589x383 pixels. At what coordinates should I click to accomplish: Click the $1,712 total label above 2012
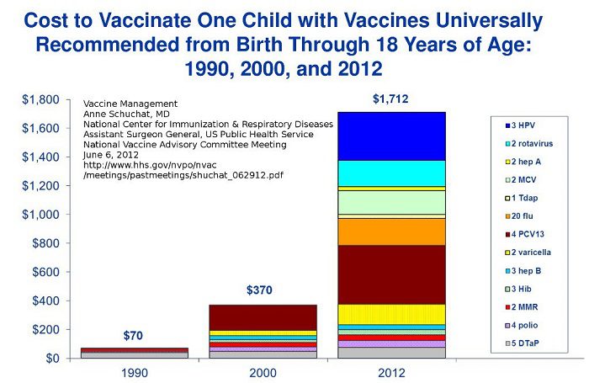tap(390, 99)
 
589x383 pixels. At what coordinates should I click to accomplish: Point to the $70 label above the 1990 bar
tap(134, 335)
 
